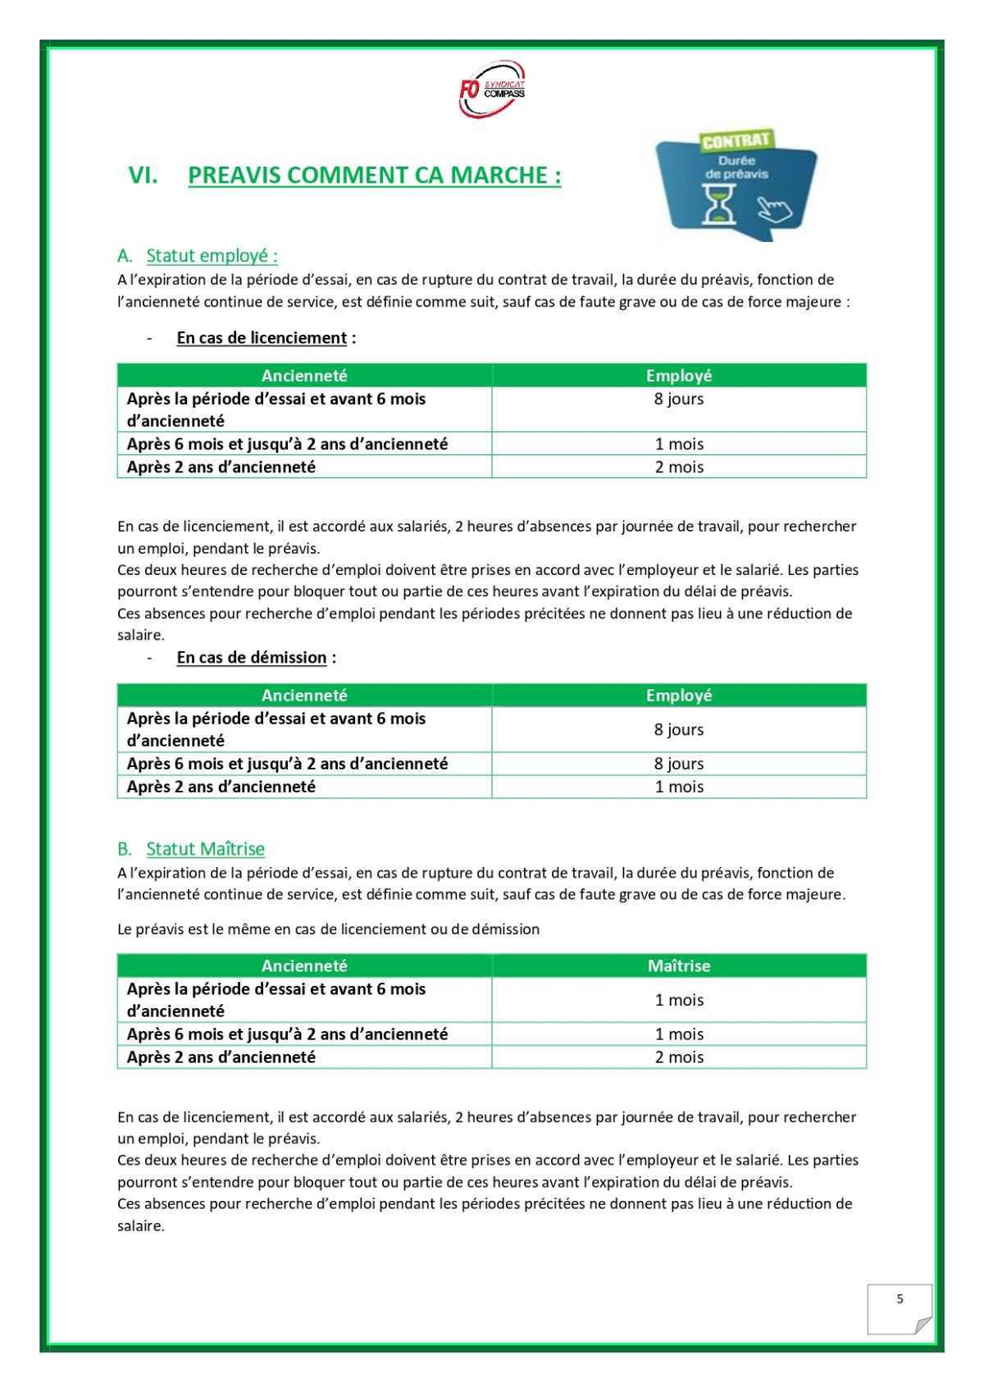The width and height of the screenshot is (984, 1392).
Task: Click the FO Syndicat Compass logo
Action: click(x=492, y=94)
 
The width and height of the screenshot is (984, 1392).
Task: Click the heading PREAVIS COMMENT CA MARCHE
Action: click(x=374, y=175)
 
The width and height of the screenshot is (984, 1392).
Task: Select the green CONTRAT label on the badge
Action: click(x=736, y=140)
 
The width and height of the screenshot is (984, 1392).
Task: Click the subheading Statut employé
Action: click(x=212, y=256)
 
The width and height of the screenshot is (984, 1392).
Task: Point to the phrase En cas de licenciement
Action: click(x=262, y=338)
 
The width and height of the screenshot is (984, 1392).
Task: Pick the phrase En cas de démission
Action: click(x=252, y=658)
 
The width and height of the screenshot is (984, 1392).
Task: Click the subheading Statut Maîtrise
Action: click(x=205, y=848)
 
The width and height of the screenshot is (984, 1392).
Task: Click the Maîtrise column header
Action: click(x=679, y=965)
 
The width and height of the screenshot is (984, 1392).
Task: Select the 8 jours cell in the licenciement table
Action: click(x=679, y=399)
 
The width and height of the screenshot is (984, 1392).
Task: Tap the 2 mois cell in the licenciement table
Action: click(x=679, y=467)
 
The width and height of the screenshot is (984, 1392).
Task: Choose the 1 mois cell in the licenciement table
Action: click(x=679, y=444)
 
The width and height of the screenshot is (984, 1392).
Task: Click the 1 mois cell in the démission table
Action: click(x=679, y=787)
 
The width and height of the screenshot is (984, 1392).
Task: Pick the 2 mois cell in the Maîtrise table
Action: click(x=679, y=1057)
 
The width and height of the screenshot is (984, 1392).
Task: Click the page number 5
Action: click(x=900, y=1299)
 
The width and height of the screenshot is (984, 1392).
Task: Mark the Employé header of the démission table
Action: click(x=679, y=695)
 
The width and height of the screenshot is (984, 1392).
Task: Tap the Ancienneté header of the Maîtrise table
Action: click(x=304, y=965)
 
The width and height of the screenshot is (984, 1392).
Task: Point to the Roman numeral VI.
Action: click(x=143, y=175)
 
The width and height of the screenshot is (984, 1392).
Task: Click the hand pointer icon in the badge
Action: click(x=774, y=208)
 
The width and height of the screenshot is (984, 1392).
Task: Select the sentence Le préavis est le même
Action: click(x=328, y=929)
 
